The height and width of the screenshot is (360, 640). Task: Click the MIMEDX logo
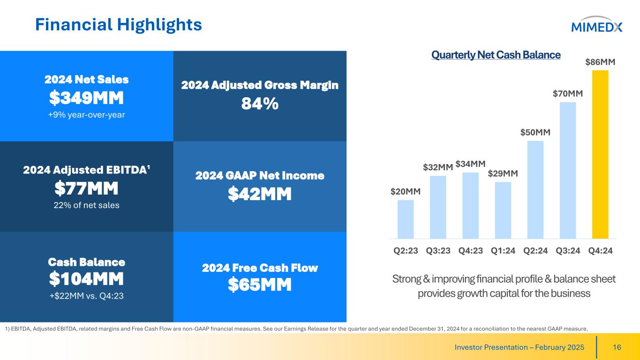click(596, 27)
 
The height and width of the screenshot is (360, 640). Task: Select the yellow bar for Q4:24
click(600, 155)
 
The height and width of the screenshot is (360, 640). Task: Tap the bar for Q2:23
click(406, 219)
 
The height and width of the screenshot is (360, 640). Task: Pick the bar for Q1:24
click(503, 210)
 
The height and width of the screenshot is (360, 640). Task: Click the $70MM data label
click(568, 94)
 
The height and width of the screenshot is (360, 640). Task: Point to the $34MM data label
click(470, 164)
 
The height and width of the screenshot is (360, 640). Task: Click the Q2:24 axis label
click(535, 251)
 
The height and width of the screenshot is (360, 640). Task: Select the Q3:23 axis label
click(438, 251)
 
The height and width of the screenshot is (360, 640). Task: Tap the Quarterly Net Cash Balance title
click(496, 55)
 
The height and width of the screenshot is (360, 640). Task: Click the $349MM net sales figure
click(87, 98)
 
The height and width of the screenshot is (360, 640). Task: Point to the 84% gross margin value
click(260, 105)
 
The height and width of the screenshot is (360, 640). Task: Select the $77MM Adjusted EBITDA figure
click(87, 189)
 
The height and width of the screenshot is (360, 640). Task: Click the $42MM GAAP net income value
click(260, 194)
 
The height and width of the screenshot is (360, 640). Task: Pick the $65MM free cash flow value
click(260, 285)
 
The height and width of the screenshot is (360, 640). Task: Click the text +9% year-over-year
click(87, 115)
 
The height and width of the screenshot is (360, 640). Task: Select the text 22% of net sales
click(87, 205)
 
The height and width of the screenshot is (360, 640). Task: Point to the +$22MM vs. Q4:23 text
click(87, 296)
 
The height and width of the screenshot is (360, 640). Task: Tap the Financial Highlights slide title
click(119, 25)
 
